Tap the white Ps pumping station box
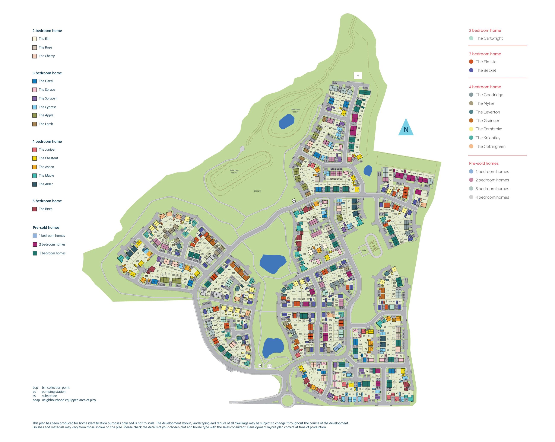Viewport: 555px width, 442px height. coord(358,75)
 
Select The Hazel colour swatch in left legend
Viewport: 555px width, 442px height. coord(35,81)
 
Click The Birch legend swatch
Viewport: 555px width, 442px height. coord(35,209)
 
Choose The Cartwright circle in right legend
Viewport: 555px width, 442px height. coord(471,38)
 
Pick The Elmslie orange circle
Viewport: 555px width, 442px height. coord(471,61)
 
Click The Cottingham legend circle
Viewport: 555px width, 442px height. coord(471,146)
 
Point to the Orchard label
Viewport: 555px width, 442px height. coord(257,191)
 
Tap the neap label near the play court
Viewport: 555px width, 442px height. coord(364,250)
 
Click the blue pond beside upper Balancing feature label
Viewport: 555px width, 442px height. coord(286,121)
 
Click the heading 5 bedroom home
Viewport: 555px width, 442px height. coord(47,201)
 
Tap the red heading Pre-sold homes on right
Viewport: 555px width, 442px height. coord(483,163)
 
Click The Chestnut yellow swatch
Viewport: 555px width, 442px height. coord(35,158)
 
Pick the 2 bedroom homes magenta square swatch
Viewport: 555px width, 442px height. coord(35,244)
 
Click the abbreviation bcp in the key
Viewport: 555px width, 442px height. coord(35,387)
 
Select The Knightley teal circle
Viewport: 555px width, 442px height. coord(471,138)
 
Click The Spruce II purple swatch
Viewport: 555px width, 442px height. coord(35,98)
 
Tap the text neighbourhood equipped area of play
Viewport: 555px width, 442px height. coord(69,400)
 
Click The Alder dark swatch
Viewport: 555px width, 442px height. coord(35,184)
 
